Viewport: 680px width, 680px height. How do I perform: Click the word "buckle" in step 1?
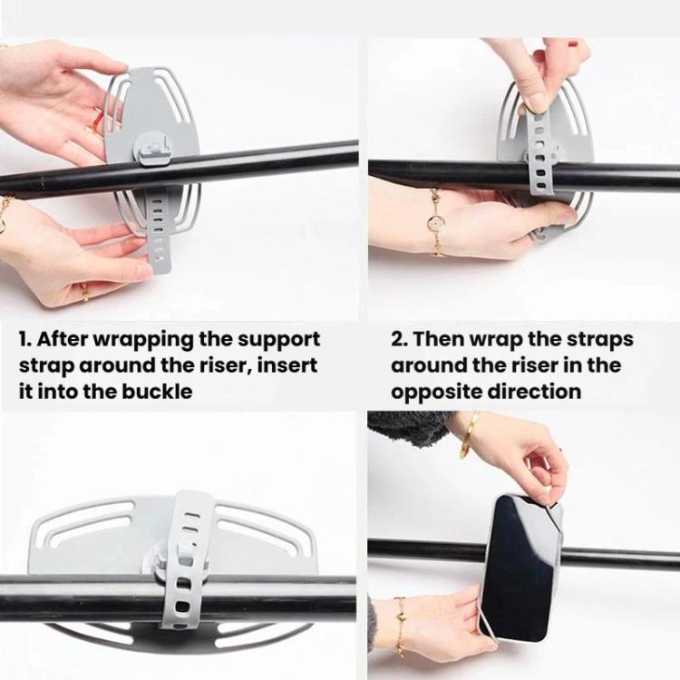pyautogui.click(x=156, y=392)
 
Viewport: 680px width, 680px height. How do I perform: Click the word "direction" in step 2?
pyautogui.click(x=534, y=392)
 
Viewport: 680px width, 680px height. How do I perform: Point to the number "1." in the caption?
pyautogui.click(x=25, y=339)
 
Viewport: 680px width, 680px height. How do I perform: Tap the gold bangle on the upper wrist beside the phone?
pyautogui.click(x=469, y=435)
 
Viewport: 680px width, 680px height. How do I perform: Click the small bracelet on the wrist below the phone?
pyautogui.click(x=400, y=626)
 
